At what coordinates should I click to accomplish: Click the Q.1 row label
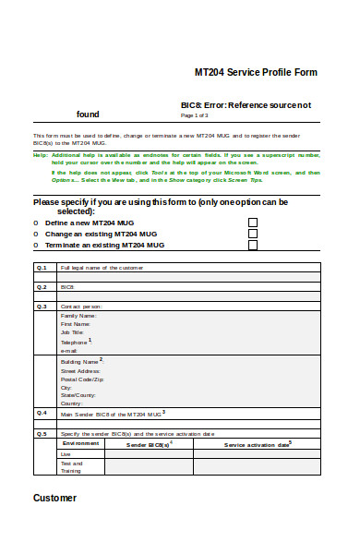tap(42, 267)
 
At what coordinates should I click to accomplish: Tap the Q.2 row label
tap(42, 287)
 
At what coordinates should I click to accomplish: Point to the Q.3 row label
tap(42, 306)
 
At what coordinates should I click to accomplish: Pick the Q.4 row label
tap(42, 413)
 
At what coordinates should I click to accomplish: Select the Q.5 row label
tap(42, 433)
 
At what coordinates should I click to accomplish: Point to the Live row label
tap(66, 454)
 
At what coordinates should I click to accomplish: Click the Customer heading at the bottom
tap(55, 498)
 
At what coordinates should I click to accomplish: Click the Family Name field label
tap(78, 315)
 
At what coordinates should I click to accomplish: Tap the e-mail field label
tap(69, 351)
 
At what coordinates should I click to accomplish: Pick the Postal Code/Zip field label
tap(82, 379)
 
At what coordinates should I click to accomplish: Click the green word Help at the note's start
tap(41, 154)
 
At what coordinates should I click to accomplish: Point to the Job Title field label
tap(73, 332)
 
